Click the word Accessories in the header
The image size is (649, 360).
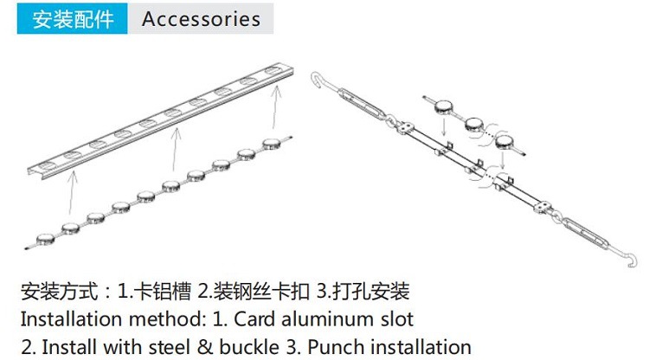pos(201,19)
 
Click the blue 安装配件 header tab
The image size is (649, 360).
pos(74,19)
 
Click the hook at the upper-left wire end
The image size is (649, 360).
pos(317,81)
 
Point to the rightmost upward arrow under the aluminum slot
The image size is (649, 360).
pos(276,108)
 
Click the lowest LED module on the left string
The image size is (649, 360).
pos(46,236)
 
